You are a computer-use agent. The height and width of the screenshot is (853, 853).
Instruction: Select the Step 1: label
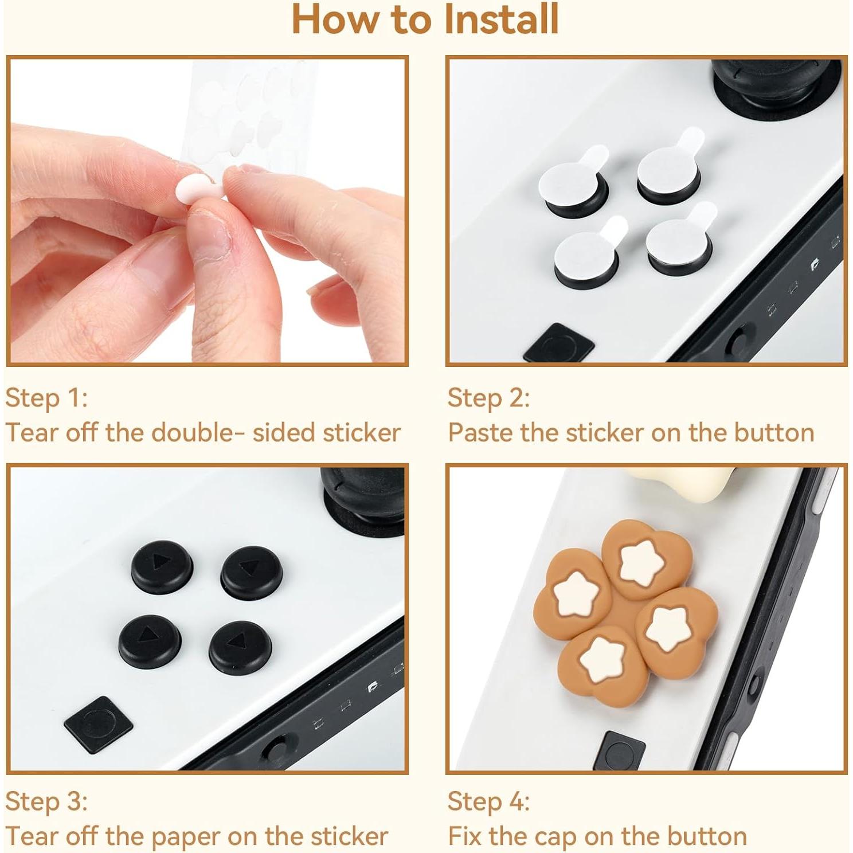[46, 398]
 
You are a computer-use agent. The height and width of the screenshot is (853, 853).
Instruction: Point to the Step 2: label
[488, 398]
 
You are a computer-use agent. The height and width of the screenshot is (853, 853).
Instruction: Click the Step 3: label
[46, 801]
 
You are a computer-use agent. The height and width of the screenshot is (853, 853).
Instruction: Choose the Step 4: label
[488, 801]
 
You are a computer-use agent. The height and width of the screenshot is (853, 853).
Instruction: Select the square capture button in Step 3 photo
[99, 725]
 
